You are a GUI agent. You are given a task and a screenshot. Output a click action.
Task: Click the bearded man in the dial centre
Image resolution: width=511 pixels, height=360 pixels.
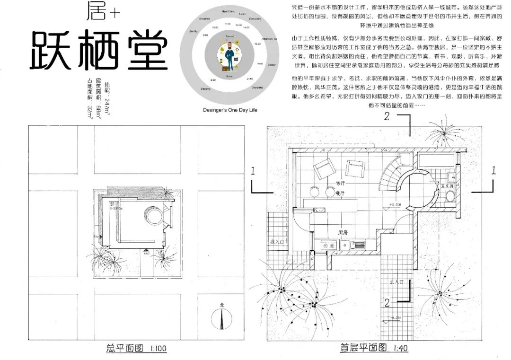click(229, 55)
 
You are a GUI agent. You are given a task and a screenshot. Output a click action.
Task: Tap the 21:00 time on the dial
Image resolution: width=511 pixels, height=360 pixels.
click(249, 79)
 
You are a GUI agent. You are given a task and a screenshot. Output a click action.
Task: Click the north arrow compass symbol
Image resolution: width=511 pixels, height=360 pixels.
click(221, 317)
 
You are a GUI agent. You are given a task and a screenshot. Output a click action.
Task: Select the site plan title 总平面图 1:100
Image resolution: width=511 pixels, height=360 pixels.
click(136, 349)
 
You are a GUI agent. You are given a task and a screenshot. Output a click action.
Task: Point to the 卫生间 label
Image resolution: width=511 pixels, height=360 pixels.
click(448, 187)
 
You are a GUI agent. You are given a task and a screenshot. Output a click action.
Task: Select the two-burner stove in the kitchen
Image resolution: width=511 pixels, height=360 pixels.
click(327, 245)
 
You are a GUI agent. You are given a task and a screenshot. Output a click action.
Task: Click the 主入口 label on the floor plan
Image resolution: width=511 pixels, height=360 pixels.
click(396, 282)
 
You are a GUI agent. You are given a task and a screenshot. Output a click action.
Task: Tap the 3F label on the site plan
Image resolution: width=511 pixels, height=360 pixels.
click(113, 203)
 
